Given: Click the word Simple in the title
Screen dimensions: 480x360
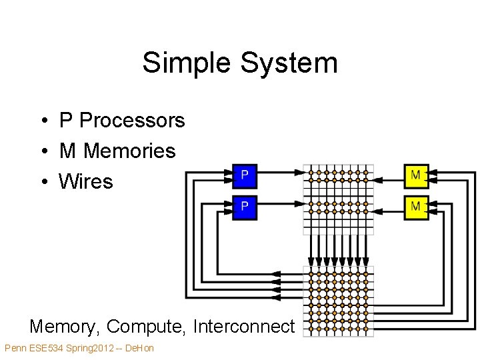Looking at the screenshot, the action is (186, 63).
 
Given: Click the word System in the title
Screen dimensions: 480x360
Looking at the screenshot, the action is (289, 63).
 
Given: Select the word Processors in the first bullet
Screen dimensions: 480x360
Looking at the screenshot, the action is (132, 120).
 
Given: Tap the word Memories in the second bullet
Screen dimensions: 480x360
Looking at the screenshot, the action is (129, 151).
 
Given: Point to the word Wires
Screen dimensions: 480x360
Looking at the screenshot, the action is (86, 181).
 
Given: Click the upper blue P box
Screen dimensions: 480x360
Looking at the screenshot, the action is (245, 176).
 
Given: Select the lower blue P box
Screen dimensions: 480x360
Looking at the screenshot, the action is (245, 207).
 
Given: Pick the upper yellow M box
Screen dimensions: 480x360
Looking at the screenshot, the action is (416, 176).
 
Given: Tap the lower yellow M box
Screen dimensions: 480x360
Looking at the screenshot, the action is (416, 207).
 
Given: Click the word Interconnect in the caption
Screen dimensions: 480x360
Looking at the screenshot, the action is (244, 326).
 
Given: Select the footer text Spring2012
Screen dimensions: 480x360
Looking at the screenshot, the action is (90, 349).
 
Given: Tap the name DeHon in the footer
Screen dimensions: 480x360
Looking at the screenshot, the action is (139, 348).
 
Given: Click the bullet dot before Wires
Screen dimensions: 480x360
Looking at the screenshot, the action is (45, 181).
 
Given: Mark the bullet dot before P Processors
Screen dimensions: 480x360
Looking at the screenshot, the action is (45, 120).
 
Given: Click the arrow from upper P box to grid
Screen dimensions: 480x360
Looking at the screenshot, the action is (281, 173).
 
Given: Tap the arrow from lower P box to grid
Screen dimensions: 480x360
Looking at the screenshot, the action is (281, 203).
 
